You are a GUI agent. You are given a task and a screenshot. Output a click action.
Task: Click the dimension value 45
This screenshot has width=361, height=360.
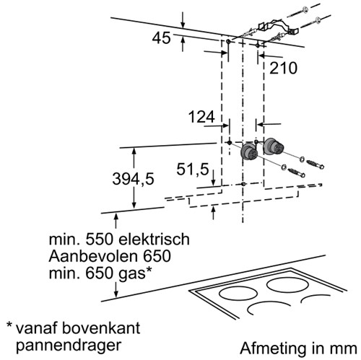[x=161, y=38]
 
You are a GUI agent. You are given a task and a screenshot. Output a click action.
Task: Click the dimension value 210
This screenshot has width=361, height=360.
[x=283, y=68]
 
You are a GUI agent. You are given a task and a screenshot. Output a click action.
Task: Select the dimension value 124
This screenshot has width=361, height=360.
[x=201, y=117]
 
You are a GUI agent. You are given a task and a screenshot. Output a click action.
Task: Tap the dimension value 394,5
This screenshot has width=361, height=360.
[x=133, y=179]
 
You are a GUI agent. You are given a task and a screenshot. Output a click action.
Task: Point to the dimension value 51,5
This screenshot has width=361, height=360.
[x=193, y=169]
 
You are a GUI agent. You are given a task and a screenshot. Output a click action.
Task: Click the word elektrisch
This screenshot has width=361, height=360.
[x=155, y=240]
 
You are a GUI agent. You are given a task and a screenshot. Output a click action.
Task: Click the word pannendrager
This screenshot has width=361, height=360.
[x=69, y=346]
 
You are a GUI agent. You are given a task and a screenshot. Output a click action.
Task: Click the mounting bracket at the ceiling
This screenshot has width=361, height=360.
[x=278, y=27]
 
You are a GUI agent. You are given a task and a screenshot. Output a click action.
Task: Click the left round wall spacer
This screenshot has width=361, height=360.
[x=249, y=152]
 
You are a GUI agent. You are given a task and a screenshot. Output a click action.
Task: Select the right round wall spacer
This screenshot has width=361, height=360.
[x=272, y=146]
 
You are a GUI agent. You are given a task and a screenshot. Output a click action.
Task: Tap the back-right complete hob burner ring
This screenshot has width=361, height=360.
[x=287, y=285]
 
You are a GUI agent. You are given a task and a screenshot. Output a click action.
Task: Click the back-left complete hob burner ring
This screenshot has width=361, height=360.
[x=238, y=294]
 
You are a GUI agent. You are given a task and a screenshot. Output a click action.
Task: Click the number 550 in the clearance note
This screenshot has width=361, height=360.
[x=99, y=240]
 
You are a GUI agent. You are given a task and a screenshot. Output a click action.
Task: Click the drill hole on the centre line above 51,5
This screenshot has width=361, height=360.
[x=243, y=184]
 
